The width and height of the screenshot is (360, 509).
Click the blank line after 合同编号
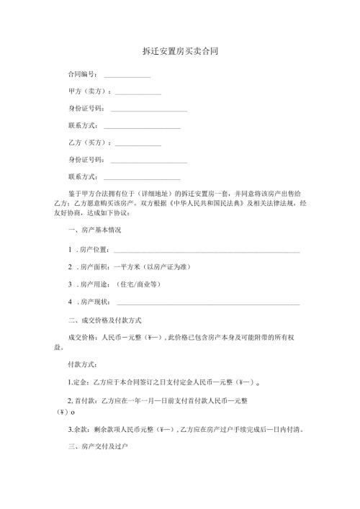[127, 77]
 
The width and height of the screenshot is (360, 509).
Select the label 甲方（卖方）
[88, 92]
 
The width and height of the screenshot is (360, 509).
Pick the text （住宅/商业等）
[143, 284]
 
